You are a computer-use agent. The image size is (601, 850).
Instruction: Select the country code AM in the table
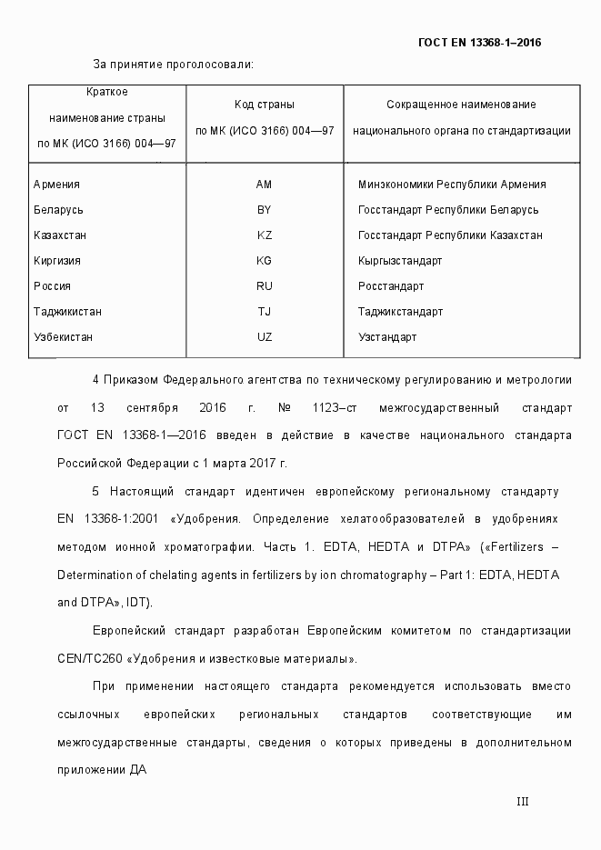pos(265,185)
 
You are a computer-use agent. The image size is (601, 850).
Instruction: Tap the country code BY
pos(265,210)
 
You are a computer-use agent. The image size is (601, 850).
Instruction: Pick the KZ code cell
pos(265,235)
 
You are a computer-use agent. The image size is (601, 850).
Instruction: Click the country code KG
pos(265,261)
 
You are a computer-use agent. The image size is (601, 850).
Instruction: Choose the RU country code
pos(265,286)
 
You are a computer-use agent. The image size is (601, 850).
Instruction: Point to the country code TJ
pos(265,312)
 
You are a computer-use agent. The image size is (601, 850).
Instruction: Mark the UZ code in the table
pos(265,337)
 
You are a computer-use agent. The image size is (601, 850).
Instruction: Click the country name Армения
pos(56,185)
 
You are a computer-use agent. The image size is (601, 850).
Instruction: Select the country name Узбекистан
pos(63,337)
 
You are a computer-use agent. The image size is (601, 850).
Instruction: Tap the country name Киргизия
pos(57,261)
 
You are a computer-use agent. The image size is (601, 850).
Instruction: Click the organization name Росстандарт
pos(391,286)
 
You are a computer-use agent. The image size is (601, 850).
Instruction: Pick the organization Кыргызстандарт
pos(400,261)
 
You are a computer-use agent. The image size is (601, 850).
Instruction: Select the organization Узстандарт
pos(387,337)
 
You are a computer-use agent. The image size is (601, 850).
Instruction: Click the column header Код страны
pos(265,105)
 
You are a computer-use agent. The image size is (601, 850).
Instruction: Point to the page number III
pos(522,802)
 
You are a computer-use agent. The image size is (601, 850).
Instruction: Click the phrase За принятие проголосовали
pos(173,65)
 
